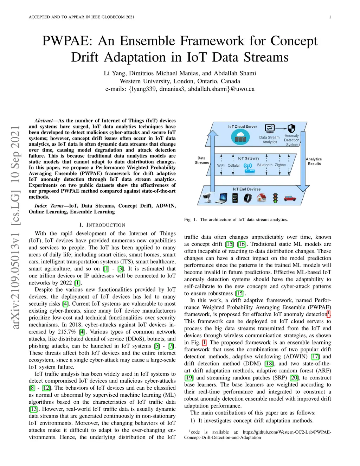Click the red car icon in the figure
pos(289,198)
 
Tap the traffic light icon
pos(275,198)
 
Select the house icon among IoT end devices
pos(261,198)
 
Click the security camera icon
pos(207,198)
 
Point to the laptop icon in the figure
pos(221,198)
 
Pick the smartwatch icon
pos(248,198)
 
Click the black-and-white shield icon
pos(291,128)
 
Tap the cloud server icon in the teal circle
pos(240,137)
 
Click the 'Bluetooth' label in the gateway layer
pos(265,165)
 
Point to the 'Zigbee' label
pos(280,165)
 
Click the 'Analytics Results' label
pos(314,161)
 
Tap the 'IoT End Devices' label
pos(246,189)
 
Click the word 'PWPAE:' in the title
pos(67,41)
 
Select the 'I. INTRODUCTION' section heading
pos(102,225)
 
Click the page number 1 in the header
pos(330,17)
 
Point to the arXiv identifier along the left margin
pos(15,227)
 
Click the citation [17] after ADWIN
pos(315,357)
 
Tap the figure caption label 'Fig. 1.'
pos(190,219)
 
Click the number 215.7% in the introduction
pos(67,332)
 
